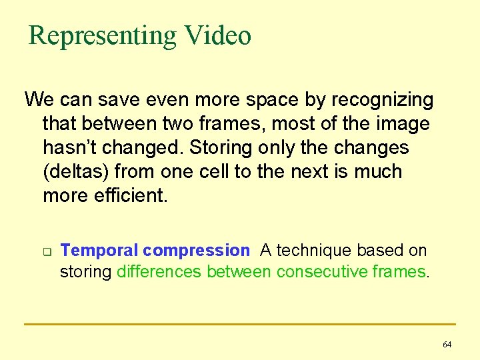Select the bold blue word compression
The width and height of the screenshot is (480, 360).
pos(195,251)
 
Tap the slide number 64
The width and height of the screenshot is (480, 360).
pos(447,345)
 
